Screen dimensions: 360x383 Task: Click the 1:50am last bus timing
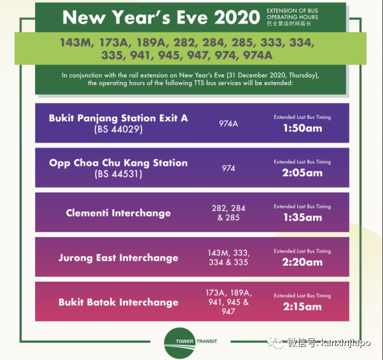(302, 128)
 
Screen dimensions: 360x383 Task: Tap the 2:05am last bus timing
(302, 172)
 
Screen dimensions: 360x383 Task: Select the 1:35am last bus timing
(302, 217)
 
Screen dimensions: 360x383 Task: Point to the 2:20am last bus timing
(302, 261)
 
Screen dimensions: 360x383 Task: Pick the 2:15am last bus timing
(302, 306)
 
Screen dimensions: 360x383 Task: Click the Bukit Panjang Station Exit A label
(118, 118)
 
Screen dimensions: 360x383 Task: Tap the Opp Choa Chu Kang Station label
(118, 163)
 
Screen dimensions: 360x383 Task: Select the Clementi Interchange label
(118, 213)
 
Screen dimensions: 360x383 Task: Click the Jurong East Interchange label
(118, 258)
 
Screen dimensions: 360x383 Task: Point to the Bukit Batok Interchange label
(118, 302)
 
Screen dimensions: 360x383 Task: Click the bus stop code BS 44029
(118, 129)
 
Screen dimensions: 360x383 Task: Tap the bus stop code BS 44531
(118, 174)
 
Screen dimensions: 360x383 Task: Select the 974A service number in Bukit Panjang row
(228, 123)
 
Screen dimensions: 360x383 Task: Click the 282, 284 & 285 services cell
(228, 212)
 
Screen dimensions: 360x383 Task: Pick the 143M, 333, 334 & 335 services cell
(228, 257)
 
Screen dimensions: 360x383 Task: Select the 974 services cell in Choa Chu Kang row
(228, 168)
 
